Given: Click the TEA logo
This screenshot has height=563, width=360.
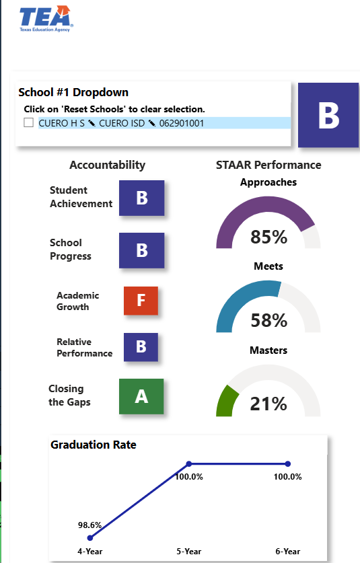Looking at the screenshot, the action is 46,19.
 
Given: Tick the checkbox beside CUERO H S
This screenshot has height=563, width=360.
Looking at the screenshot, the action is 29,122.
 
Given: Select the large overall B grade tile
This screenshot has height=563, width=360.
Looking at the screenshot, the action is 328,115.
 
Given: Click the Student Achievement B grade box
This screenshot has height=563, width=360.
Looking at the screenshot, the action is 141,198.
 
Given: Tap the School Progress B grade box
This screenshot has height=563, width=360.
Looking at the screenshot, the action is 141,250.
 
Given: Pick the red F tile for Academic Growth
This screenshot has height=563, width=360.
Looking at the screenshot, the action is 141,301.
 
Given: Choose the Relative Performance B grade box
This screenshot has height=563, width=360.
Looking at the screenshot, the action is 141,347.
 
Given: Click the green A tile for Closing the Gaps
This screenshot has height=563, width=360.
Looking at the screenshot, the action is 141,396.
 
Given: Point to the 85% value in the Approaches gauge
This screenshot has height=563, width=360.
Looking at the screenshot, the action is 268,237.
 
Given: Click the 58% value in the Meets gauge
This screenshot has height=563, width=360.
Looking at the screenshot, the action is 268,320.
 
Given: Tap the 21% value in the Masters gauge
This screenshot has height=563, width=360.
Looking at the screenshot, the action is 268,404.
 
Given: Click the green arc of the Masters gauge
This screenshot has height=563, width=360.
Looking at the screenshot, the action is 225,400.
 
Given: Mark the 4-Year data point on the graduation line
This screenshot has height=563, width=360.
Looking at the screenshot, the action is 90,537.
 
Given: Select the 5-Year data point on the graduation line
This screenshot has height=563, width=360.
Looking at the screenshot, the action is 189,464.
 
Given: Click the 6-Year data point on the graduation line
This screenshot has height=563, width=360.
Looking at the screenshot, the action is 288,464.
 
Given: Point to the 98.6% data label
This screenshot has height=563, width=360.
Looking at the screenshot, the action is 89,525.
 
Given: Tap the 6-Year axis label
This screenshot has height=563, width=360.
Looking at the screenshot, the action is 288,551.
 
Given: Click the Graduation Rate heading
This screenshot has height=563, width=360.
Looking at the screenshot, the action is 94,445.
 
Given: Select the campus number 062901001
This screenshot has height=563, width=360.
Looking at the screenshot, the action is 182,123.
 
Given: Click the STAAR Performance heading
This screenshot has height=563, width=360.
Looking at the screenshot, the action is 268,165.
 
